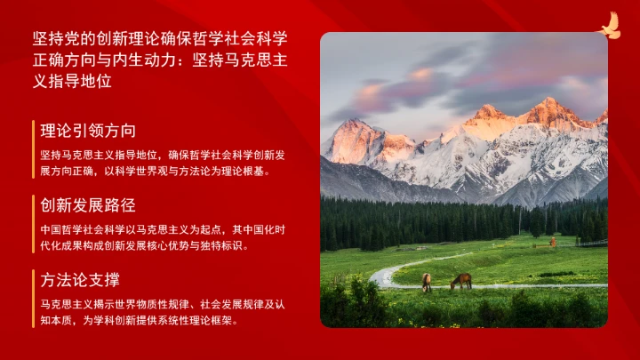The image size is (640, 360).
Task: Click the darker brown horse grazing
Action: tap(460, 281)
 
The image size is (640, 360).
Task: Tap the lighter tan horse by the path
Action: tap(427, 282)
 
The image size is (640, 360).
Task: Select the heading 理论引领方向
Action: tap(88, 131)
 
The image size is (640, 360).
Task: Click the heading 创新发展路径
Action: tap(88, 205)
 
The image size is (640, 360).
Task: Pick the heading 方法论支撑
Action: tap(80, 280)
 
